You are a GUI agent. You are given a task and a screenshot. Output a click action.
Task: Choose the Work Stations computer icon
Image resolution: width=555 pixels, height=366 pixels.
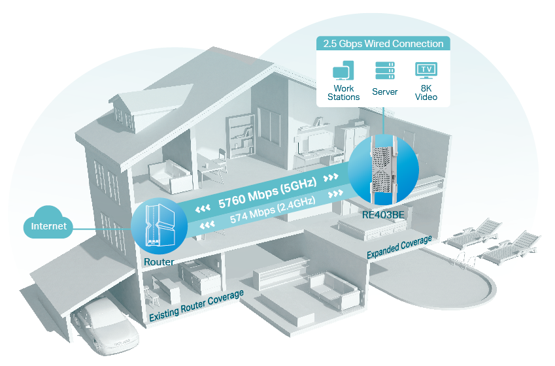tap(343, 72)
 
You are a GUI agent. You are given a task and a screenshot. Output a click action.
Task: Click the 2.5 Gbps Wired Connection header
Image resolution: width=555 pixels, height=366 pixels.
tap(383, 44)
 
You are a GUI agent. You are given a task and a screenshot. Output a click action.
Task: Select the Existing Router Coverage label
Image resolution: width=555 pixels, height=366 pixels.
tap(196, 306)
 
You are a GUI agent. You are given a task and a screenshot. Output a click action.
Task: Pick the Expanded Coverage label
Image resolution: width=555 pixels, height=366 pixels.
tap(399, 248)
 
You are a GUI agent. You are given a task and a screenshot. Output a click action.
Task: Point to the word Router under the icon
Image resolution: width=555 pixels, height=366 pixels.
tap(159, 262)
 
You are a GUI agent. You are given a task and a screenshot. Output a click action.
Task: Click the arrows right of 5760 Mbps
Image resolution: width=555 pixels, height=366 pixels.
tap(332, 178)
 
